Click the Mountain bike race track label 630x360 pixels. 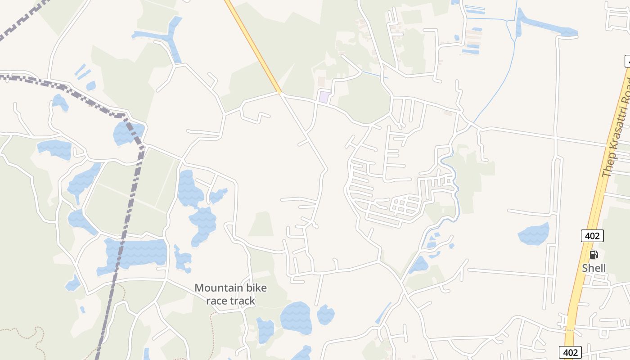[230, 294]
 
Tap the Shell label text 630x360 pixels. [594, 268]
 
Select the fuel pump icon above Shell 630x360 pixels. [594, 255]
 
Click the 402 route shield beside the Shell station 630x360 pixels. [592, 235]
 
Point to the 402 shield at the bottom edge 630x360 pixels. [570, 352]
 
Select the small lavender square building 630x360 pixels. [324, 96]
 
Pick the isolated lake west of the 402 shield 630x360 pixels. [534, 234]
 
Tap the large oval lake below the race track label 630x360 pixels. [296, 318]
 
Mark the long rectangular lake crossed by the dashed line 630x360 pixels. [135, 253]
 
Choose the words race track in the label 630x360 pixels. [230, 301]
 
